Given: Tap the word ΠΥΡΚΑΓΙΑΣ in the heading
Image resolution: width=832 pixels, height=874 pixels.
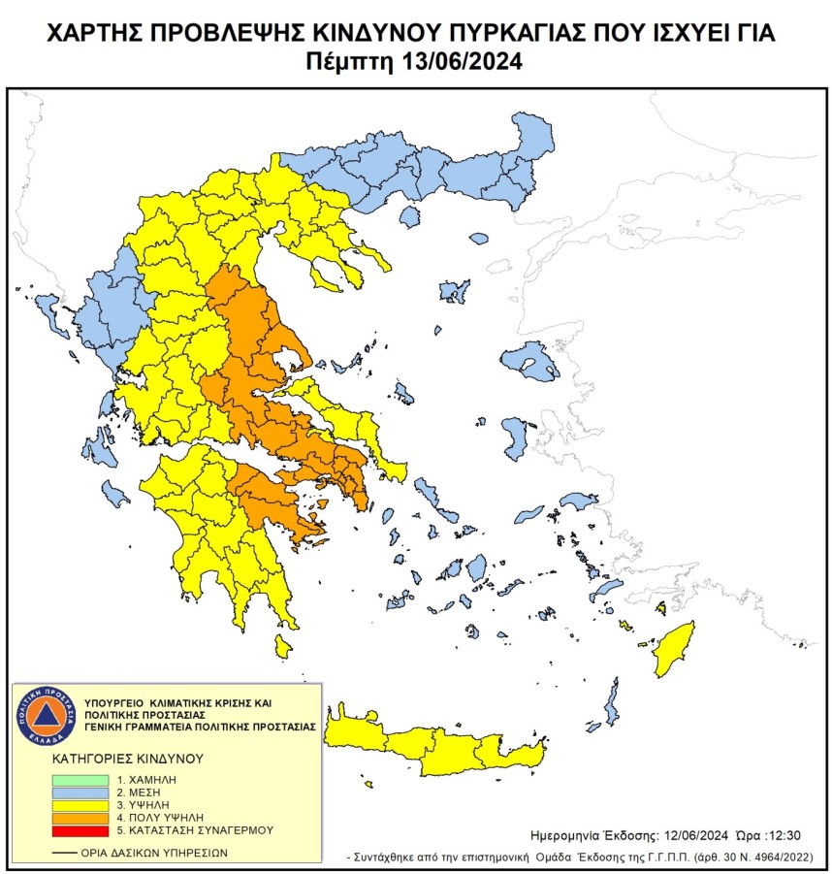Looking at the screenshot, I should click(501, 35).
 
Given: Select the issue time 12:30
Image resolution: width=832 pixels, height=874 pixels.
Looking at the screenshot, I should click(783, 834).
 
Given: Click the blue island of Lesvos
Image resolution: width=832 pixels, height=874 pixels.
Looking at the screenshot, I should click(530, 362).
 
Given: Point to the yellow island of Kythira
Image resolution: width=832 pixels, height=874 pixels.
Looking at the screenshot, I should click(283, 645).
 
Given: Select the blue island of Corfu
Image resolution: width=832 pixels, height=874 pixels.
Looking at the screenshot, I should click(45, 310).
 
